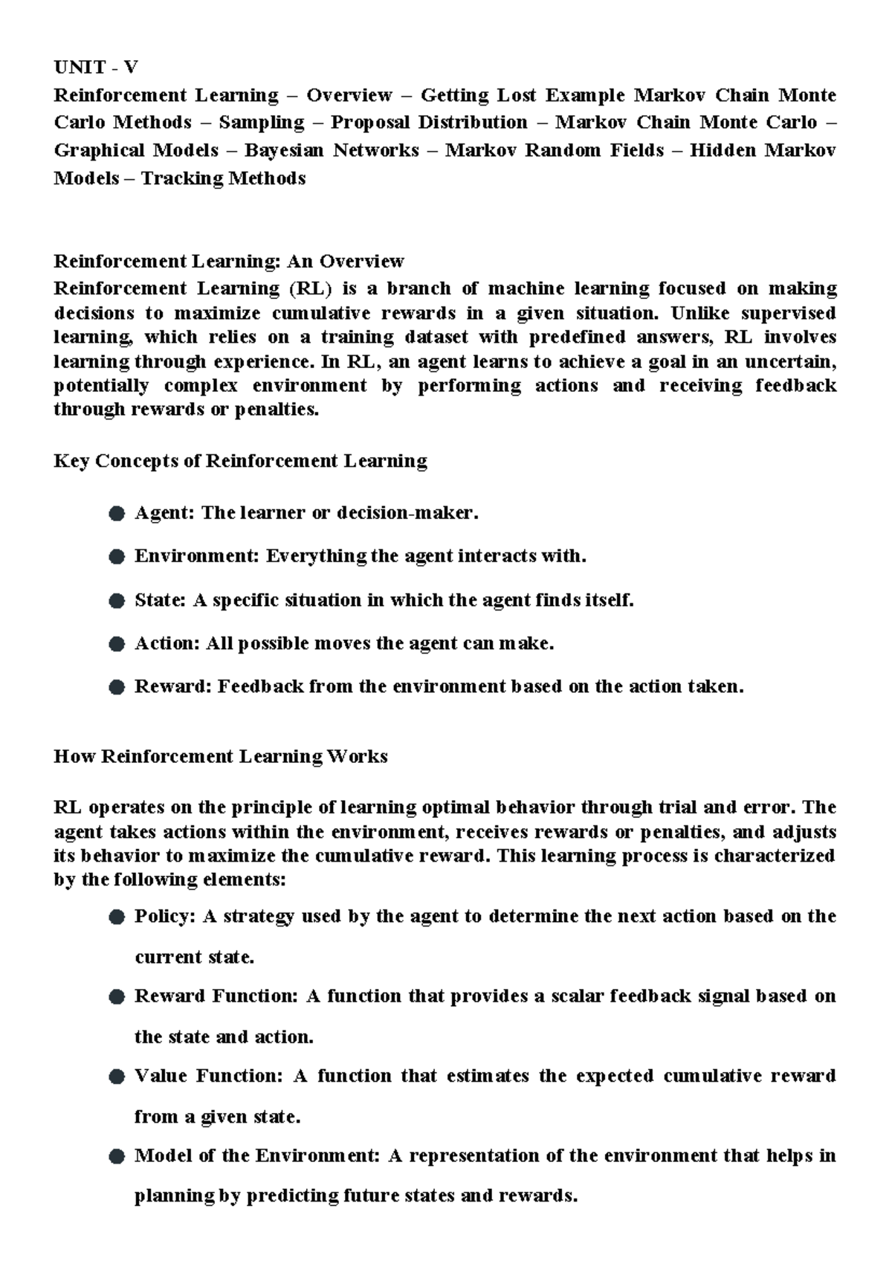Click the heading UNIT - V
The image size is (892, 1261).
point(95,68)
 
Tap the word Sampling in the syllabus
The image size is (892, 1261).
point(262,123)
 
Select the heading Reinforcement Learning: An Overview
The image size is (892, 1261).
point(228,262)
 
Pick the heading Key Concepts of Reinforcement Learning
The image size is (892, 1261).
point(240,461)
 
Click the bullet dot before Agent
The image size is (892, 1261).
point(116,514)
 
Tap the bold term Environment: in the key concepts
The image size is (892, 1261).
point(196,556)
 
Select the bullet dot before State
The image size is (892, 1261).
point(116,601)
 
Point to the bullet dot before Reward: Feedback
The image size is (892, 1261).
point(116,687)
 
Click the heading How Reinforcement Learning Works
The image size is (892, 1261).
point(221,757)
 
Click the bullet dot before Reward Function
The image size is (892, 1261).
point(116,997)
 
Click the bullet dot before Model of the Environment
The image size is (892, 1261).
point(116,1157)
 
